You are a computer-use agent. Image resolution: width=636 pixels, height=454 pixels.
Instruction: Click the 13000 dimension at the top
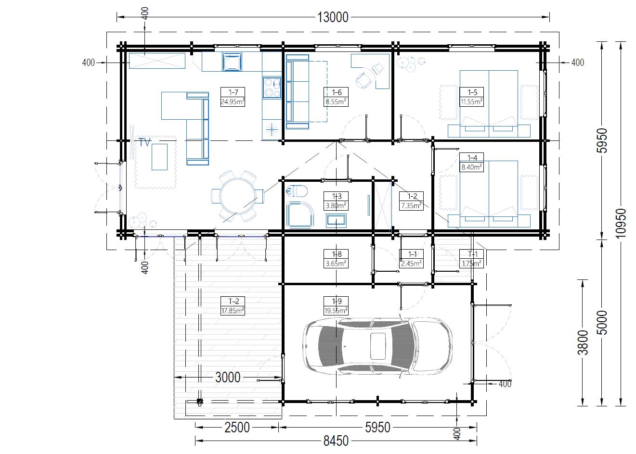click(x=333, y=17)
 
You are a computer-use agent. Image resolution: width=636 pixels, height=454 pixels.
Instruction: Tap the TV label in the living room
click(x=144, y=142)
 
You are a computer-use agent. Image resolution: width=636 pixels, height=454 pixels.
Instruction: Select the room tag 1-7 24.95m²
click(x=233, y=97)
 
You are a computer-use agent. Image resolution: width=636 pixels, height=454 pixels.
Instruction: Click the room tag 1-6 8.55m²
click(x=336, y=97)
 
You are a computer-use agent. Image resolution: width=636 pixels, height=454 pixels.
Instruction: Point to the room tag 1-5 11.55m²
click(x=471, y=97)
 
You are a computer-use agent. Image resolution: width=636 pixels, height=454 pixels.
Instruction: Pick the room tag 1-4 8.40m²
click(x=471, y=163)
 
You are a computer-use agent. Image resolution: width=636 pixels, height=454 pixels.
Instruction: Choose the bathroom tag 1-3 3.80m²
click(x=336, y=201)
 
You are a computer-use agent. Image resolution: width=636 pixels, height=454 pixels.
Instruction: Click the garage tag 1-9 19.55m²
click(x=336, y=306)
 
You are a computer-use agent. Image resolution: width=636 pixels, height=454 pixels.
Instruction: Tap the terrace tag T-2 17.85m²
click(x=233, y=306)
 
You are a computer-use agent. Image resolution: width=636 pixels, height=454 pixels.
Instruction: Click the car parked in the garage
click(x=377, y=348)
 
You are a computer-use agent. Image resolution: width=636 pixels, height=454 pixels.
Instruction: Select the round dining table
click(x=238, y=196)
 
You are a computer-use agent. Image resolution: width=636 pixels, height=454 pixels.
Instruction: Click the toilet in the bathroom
click(x=297, y=191)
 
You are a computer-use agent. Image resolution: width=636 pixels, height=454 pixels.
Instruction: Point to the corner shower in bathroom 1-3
click(x=300, y=214)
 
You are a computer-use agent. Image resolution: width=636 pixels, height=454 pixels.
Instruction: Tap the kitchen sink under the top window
click(x=232, y=62)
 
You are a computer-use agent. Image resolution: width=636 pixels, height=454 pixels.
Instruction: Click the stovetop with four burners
click(x=272, y=88)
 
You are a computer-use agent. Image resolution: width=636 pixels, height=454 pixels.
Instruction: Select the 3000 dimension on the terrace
click(x=228, y=378)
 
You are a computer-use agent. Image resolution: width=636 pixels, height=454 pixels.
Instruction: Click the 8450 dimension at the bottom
click(x=336, y=441)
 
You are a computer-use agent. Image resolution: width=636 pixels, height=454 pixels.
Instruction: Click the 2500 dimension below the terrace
click(x=237, y=428)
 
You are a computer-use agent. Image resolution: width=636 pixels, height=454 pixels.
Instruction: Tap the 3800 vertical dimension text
click(x=583, y=342)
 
